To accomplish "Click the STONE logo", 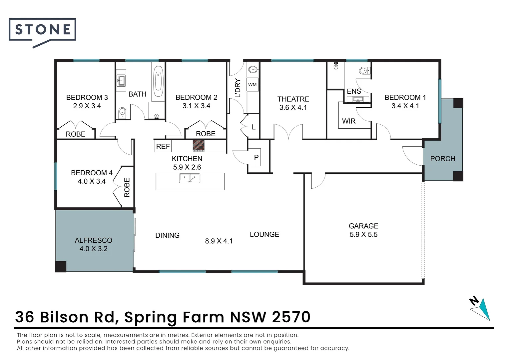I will [x=43, y=30].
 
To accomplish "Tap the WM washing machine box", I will [x=253, y=85].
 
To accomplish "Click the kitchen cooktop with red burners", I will [x=199, y=146].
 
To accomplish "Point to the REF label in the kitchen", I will [x=163, y=146].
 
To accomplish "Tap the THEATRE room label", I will [x=293, y=99].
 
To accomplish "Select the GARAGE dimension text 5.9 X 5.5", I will [x=363, y=234].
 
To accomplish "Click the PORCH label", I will [x=442, y=159].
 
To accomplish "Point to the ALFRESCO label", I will [x=93, y=240].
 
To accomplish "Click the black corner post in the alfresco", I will [x=61, y=267].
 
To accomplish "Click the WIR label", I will [x=349, y=121].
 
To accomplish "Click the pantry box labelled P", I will [x=256, y=157].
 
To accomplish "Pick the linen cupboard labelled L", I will [x=254, y=127].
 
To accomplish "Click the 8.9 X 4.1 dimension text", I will [x=219, y=241].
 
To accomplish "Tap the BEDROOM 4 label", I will [x=92, y=173].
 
